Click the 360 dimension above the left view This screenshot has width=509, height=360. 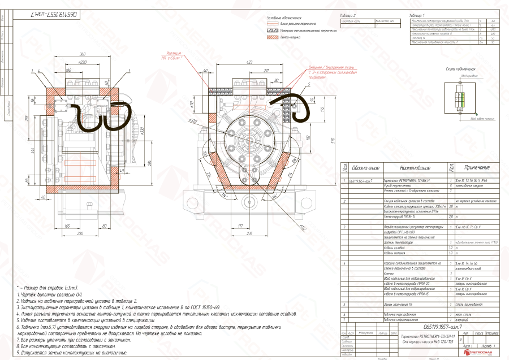(x=83, y=55)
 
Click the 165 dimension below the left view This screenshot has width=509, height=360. (x=67, y=225)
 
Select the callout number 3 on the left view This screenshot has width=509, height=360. (x=130, y=71)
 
